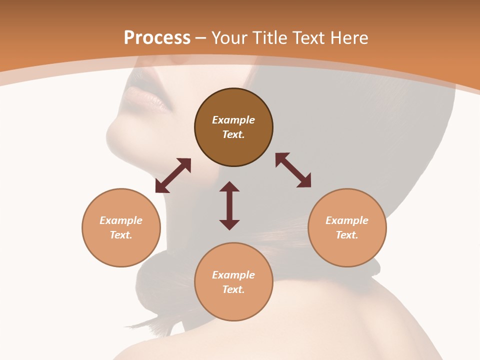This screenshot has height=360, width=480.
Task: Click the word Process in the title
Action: tap(157, 38)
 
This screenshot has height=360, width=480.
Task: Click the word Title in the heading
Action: tap(269, 38)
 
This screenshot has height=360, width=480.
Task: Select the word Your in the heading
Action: tap(230, 38)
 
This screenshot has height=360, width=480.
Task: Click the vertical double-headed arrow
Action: tap(229, 205)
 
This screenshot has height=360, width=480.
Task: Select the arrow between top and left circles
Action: tap(173, 175)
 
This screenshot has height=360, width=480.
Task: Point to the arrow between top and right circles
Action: tap(293, 170)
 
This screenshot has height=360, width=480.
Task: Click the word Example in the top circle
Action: tap(233, 120)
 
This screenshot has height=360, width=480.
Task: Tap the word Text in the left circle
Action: tap(121, 235)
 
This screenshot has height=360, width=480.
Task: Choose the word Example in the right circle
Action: tap(347, 220)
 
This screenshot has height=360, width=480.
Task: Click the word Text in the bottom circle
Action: tap(233, 289)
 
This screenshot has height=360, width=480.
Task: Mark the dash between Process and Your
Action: tap(200, 38)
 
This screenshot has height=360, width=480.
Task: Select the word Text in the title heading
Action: tap(307, 38)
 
